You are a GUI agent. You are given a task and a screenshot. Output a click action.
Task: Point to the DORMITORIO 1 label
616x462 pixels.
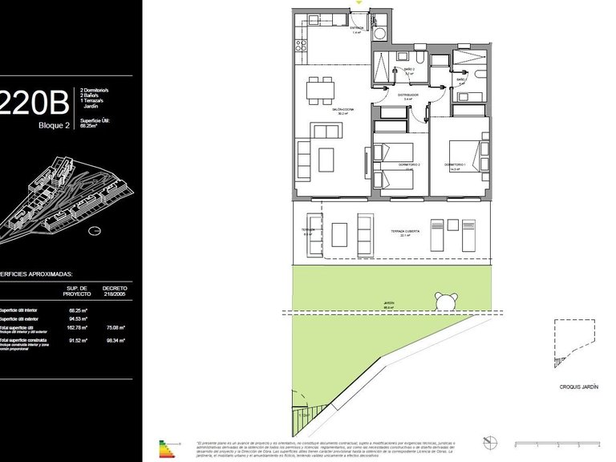point(455,164)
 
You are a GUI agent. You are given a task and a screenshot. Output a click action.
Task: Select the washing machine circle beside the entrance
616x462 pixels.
point(381,33)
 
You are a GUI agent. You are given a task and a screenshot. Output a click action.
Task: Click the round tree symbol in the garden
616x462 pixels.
point(444,300)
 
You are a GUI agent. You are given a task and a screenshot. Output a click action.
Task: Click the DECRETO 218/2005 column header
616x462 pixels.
point(115,290)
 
